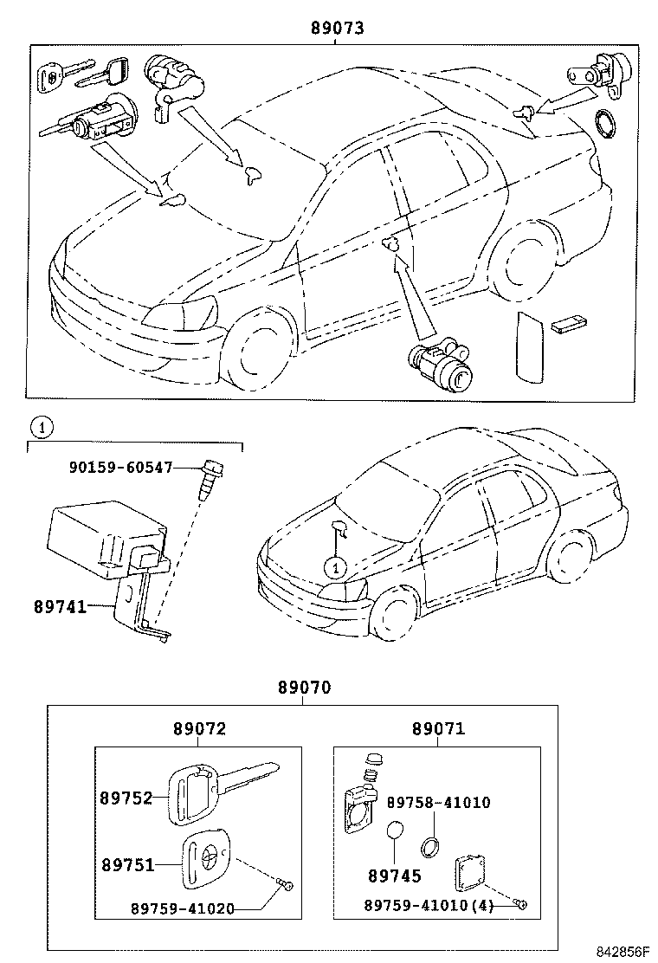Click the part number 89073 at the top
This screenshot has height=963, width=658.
337,28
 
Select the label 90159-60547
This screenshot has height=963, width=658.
121,468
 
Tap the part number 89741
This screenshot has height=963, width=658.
60,607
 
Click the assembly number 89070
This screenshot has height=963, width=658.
304,688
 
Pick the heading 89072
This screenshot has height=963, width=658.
199,729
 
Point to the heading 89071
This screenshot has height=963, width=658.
438,729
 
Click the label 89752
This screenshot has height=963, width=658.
127,798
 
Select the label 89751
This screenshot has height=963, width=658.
127,864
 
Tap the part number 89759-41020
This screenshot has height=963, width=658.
183,908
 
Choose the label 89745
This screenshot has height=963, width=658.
394,876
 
